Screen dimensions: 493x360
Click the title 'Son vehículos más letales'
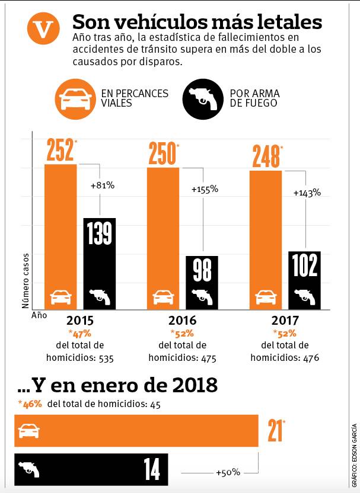coord(197,22)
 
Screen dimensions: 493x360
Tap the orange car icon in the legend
coord(75,99)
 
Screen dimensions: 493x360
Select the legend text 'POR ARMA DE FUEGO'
coord(254,99)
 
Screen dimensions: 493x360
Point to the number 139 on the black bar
coord(99,232)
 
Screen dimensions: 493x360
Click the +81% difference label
coord(102,185)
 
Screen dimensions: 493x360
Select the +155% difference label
coord(205,190)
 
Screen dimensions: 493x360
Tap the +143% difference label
coord(307,193)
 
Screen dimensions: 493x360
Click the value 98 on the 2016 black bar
coord(202,270)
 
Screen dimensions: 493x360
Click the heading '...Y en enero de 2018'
coord(117,386)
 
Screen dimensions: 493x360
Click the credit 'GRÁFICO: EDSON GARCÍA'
coord(354,453)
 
